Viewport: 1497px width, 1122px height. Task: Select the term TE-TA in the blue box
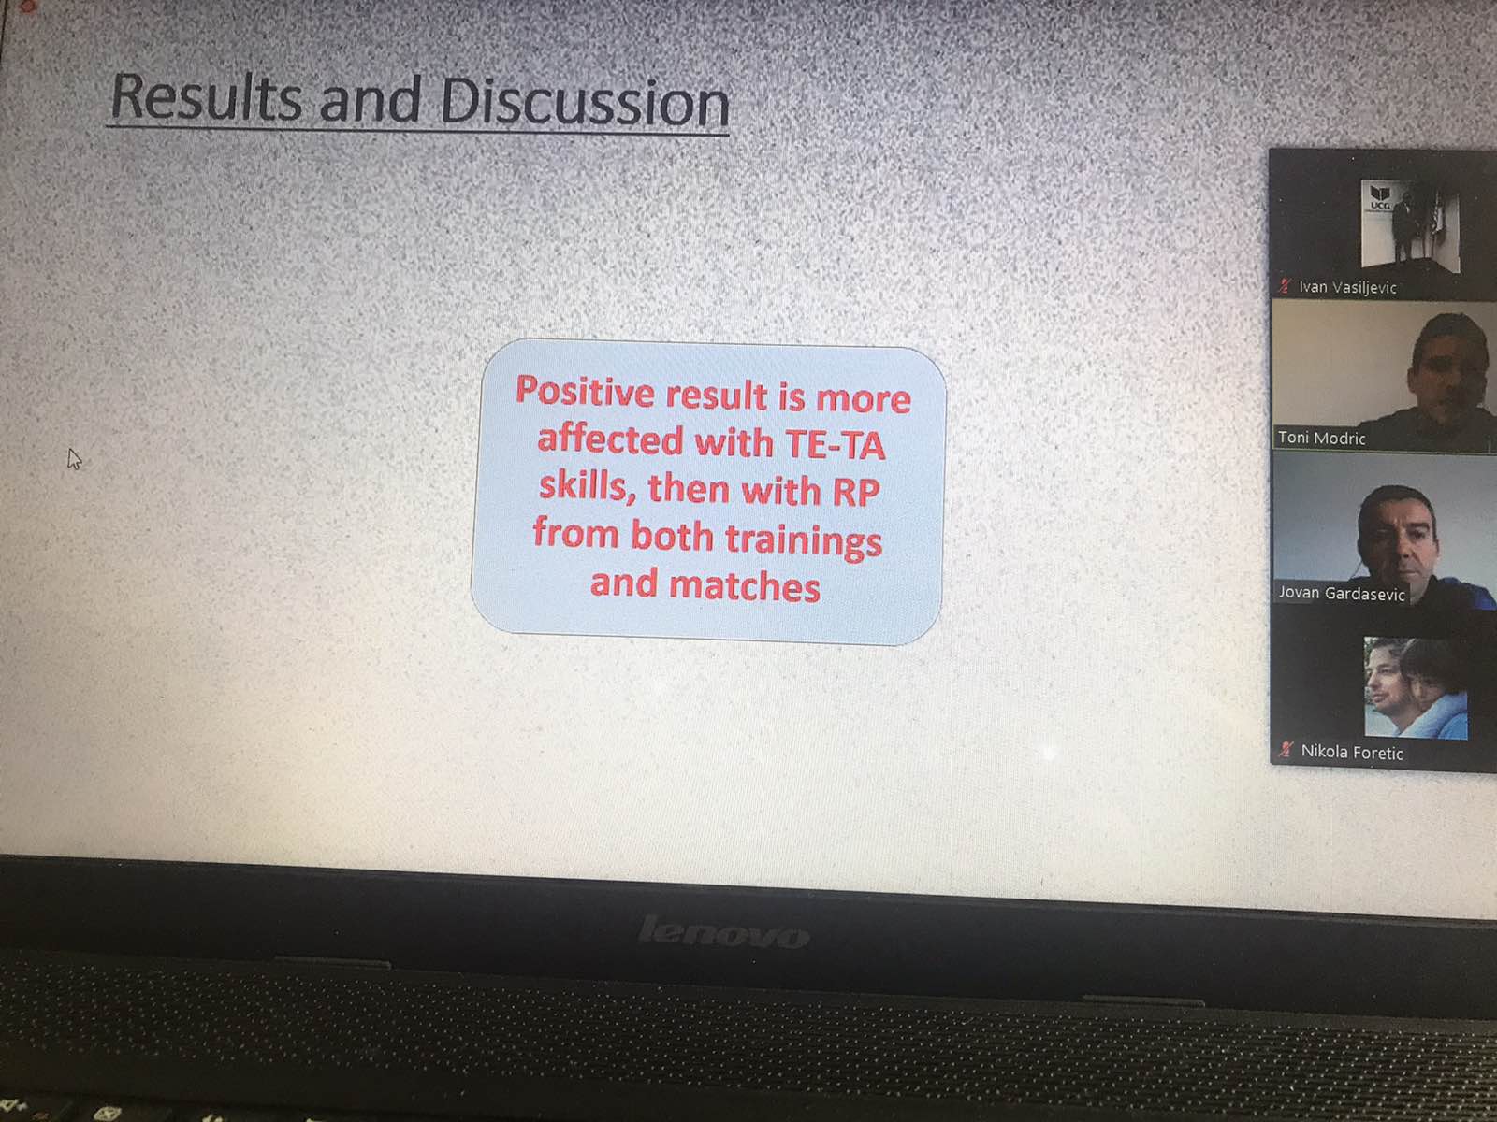coord(836,445)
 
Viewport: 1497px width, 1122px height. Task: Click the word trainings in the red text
coord(803,540)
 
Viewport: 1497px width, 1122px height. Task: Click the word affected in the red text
coord(610,439)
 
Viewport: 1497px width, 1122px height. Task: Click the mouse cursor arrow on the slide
coord(74,458)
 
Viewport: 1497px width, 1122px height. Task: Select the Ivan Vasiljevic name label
coord(1347,287)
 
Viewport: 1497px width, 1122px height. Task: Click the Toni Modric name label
coord(1321,438)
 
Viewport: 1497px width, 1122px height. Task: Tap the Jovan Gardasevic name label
coord(1342,594)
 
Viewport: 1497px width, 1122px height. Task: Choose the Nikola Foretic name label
coord(1352,752)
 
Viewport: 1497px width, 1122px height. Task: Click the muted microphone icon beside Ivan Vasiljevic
coord(1285,286)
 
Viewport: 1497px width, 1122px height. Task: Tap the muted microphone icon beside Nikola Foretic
coord(1286,750)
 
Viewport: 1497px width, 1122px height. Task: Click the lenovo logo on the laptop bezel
coord(724,932)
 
